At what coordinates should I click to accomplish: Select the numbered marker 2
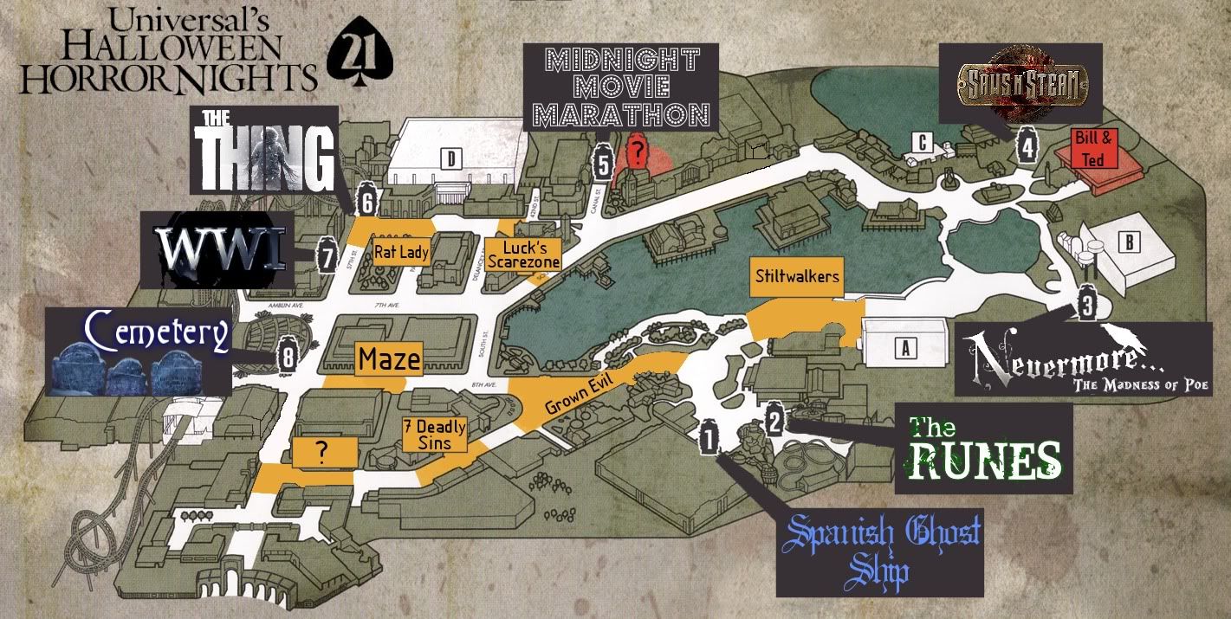(x=775, y=422)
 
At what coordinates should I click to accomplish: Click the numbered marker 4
(x=1027, y=146)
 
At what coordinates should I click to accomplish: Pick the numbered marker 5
(x=605, y=161)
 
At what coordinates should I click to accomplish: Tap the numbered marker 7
(x=327, y=257)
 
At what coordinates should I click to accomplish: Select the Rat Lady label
(x=401, y=252)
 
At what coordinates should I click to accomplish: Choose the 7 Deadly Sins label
(x=435, y=435)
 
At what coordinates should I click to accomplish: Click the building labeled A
(x=905, y=348)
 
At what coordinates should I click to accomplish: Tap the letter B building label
(x=1128, y=242)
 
